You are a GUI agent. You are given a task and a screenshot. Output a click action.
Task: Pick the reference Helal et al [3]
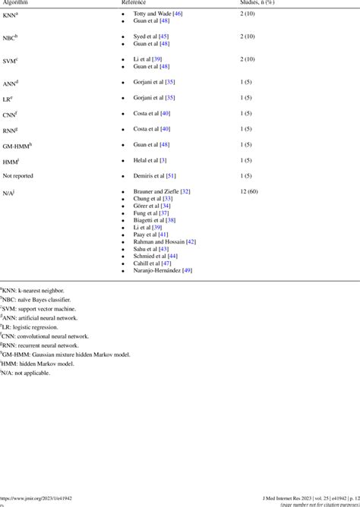tap(153, 160)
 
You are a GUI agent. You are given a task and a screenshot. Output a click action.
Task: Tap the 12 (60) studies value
tap(249, 191)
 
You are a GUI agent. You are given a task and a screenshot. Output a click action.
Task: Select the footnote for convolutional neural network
tap(46, 336)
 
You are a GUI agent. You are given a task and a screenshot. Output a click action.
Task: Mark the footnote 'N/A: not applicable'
tap(30, 382)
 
